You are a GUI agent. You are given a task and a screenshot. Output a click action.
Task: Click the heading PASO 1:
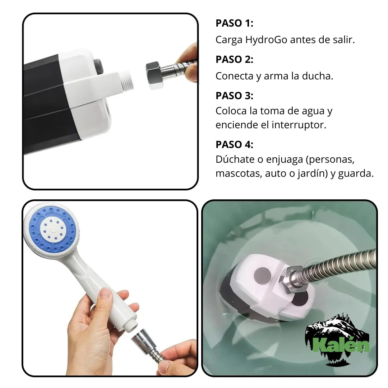pyautogui.click(x=234, y=23)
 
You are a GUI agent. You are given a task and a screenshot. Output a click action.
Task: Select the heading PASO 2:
pyautogui.click(x=234, y=60)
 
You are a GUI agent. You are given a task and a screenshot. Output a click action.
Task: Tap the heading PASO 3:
pyautogui.click(x=234, y=96)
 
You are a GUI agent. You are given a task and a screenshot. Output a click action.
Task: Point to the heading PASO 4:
pyautogui.click(x=234, y=144)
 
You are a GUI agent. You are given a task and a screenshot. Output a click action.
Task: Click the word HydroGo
pyautogui.click(x=266, y=40)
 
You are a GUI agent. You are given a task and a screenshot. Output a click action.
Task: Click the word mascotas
pyautogui.click(x=238, y=174)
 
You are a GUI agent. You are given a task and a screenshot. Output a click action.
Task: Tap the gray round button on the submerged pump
pyautogui.click(x=262, y=276)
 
